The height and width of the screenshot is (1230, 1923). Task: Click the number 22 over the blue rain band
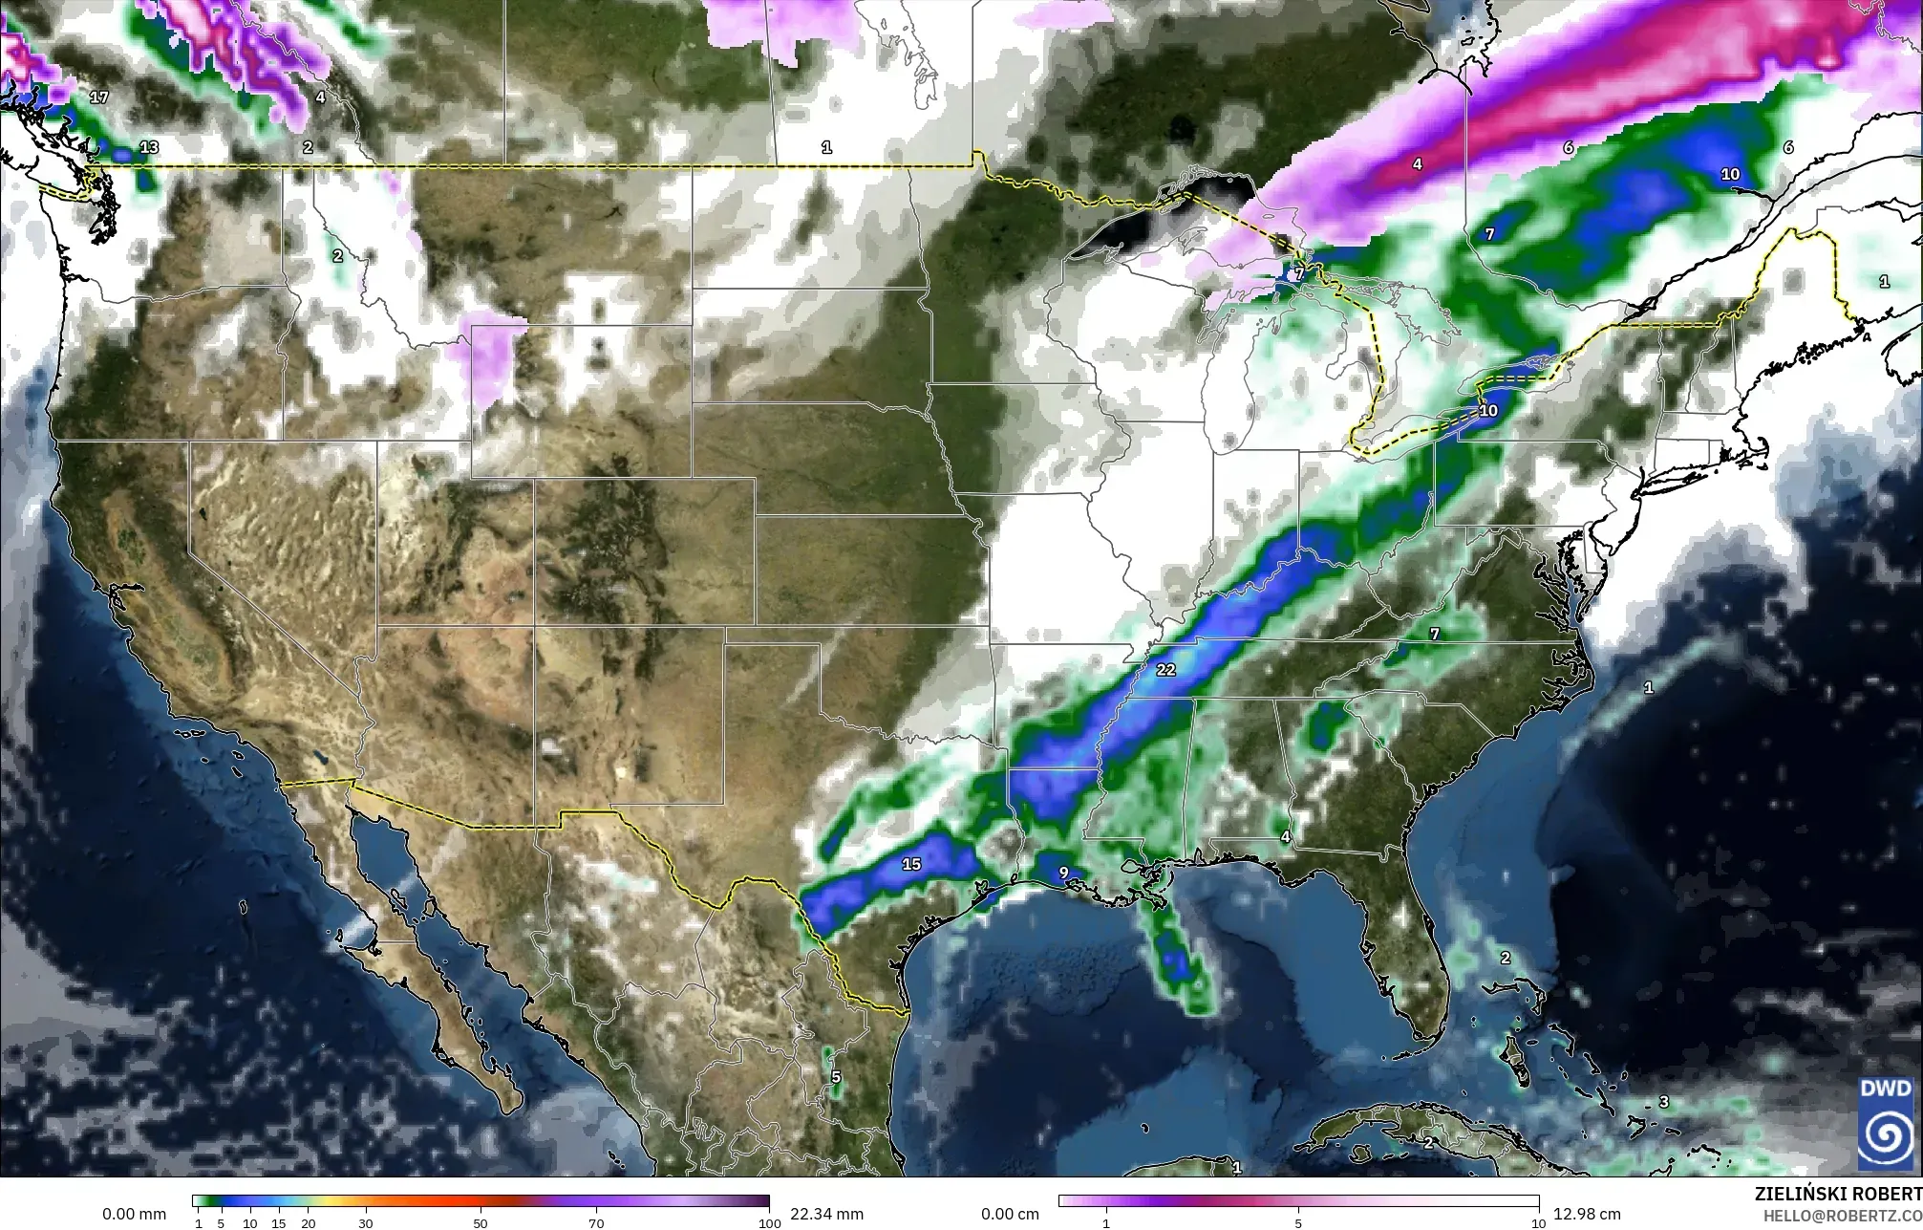[x=1165, y=670]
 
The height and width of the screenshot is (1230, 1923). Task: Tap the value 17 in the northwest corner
[x=99, y=97]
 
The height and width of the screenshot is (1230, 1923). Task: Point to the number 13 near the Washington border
[x=149, y=147]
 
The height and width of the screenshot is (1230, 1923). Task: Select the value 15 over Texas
[x=911, y=864]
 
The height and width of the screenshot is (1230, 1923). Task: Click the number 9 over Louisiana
[x=1062, y=873]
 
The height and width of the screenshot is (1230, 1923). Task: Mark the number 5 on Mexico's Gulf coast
[x=836, y=1077]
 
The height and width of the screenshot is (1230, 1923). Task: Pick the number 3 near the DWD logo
[x=1663, y=1102]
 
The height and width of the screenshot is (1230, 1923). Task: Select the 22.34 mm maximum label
[x=826, y=1215]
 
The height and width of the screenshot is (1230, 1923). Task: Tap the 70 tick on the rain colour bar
[x=596, y=1223]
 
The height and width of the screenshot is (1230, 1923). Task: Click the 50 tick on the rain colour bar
[x=481, y=1223]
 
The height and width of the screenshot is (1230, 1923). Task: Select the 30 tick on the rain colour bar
[x=365, y=1223]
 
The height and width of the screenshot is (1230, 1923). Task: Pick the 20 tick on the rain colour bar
[x=308, y=1223]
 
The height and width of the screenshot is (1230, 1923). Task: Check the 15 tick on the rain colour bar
[x=279, y=1223]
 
